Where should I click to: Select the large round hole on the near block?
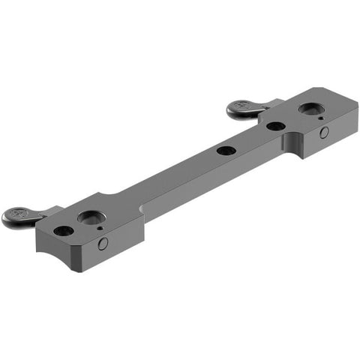pyautogui.click(x=91, y=218)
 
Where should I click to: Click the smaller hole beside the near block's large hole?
pyautogui.click(x=64, y=231)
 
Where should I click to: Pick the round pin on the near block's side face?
pyautogui.click(x=103, y=243)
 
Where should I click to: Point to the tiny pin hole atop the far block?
pyautogui.click(x=320, y=118)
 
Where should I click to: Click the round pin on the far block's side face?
pyautogui.click(x=324, y=133)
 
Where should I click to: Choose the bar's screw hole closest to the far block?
pyautogui.click(x=275, y=126)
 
